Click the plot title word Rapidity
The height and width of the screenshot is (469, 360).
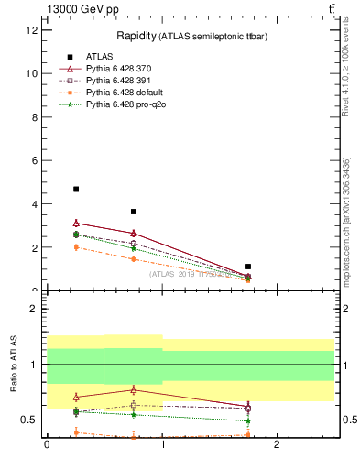click(135, 36)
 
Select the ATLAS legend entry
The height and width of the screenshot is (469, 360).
click(99, 56)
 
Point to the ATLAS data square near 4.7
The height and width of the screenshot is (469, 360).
click(76, 189)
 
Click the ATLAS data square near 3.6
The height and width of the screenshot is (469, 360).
click(134, 212)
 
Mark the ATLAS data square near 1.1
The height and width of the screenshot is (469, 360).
click(248, 267)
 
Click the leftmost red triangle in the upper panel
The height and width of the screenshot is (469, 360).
click(76, 223)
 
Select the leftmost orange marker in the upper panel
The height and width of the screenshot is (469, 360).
click(76, 247)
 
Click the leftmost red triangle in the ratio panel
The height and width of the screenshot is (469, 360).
click(76, 397)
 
